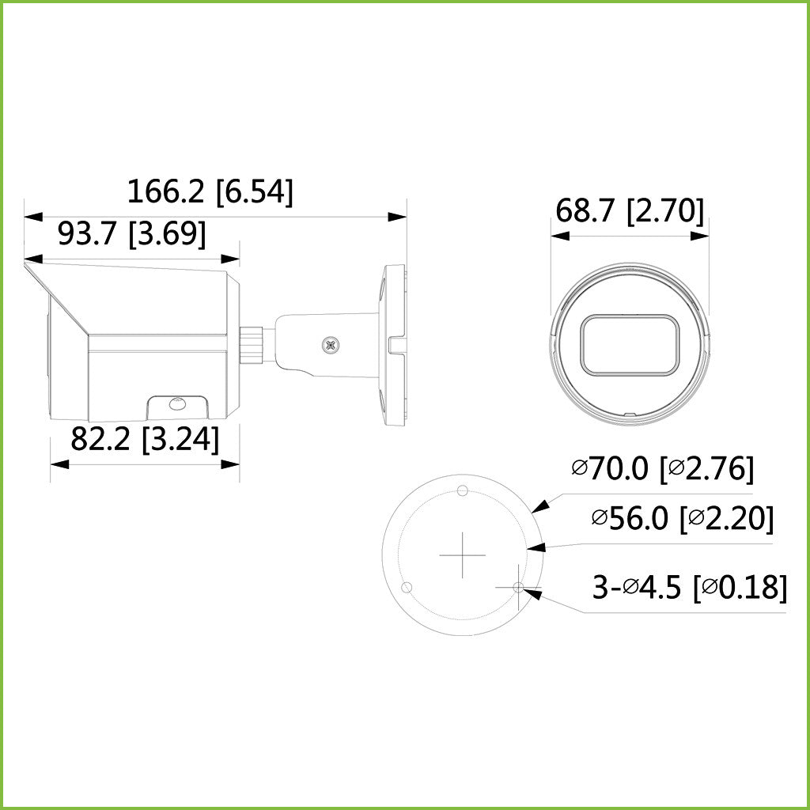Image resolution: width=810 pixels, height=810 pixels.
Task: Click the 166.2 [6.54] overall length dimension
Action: (x=210, y=191)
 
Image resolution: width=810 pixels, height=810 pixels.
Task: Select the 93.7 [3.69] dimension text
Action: (x=132, y=233)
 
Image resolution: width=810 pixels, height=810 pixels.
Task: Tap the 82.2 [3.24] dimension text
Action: (x=145, y=439)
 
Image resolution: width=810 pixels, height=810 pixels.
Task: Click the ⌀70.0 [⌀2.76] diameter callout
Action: (x=663, y=468)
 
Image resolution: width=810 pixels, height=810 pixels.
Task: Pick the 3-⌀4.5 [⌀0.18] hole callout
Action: (x=690, y=588)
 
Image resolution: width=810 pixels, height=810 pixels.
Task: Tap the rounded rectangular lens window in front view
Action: (x=630, y=345)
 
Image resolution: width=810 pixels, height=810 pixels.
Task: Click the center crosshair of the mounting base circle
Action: (x=463, y=555)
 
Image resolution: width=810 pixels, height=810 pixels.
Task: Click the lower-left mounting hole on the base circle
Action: (x=407, y=588)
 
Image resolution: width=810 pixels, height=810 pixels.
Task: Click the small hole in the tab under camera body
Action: (x=176, y=404)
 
